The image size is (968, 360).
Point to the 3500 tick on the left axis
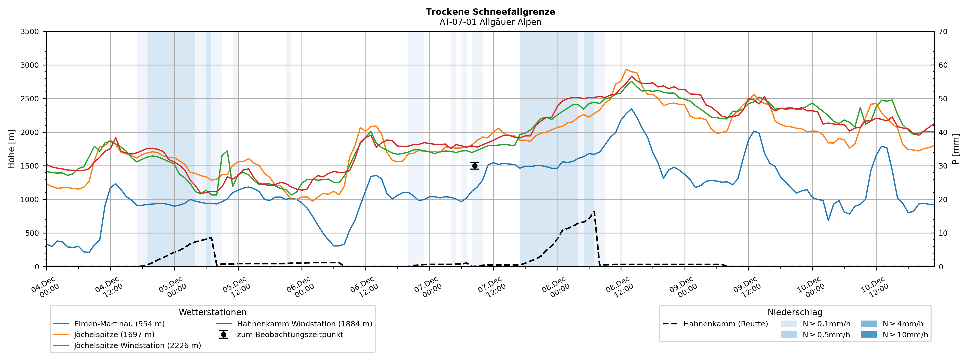30,32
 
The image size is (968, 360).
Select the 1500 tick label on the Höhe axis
30,166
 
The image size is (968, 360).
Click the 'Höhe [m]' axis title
11,149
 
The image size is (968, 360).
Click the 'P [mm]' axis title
956,149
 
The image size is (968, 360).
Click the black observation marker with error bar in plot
475,166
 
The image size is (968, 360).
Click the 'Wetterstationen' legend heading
212,312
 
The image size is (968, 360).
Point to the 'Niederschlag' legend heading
795,312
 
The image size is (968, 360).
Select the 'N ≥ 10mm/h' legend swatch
868,335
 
